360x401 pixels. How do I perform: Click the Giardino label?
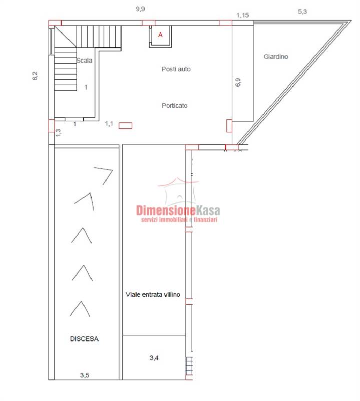[x=276, y=57]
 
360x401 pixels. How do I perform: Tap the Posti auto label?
[x=176, y=69]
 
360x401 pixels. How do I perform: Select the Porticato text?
[x=175, y=106]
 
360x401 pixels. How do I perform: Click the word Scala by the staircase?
[x=85, y=60]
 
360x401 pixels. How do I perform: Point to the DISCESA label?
[x=84, y=339]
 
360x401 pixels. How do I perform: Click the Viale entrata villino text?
[x=153, y=295]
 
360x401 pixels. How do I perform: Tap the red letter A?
[x=160, y=35]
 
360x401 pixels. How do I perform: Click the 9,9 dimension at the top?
[x=140, y=9]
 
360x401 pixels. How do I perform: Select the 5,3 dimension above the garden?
[x=302, y=12]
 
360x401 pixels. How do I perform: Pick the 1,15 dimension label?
[x=242, y=16]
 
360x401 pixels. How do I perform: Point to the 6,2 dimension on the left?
[x=35, y=76]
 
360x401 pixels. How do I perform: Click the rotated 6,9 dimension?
[x=238, y=82]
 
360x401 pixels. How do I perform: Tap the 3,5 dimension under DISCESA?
[x=85, y=375]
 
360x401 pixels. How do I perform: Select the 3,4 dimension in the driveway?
[x=154, y=358]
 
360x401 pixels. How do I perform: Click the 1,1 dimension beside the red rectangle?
[x=109, y=124]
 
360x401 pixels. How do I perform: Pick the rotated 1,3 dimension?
[x=58, y=132]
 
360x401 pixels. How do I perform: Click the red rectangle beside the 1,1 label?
[x=126, y=126]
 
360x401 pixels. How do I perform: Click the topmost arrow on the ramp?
[x=103, y=176]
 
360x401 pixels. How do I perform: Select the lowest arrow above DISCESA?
[x=80, y=309]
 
